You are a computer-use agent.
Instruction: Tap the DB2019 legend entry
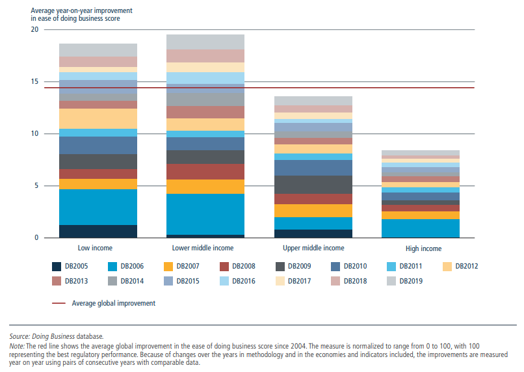pos(411,281)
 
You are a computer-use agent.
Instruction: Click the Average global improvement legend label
pos(113,303)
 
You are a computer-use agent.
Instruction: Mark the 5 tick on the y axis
pos(36,186)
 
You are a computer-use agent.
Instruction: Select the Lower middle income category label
pos(202,248)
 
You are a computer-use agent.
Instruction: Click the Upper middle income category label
pos(313,248)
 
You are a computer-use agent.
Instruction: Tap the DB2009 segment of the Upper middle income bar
pos(313,185)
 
